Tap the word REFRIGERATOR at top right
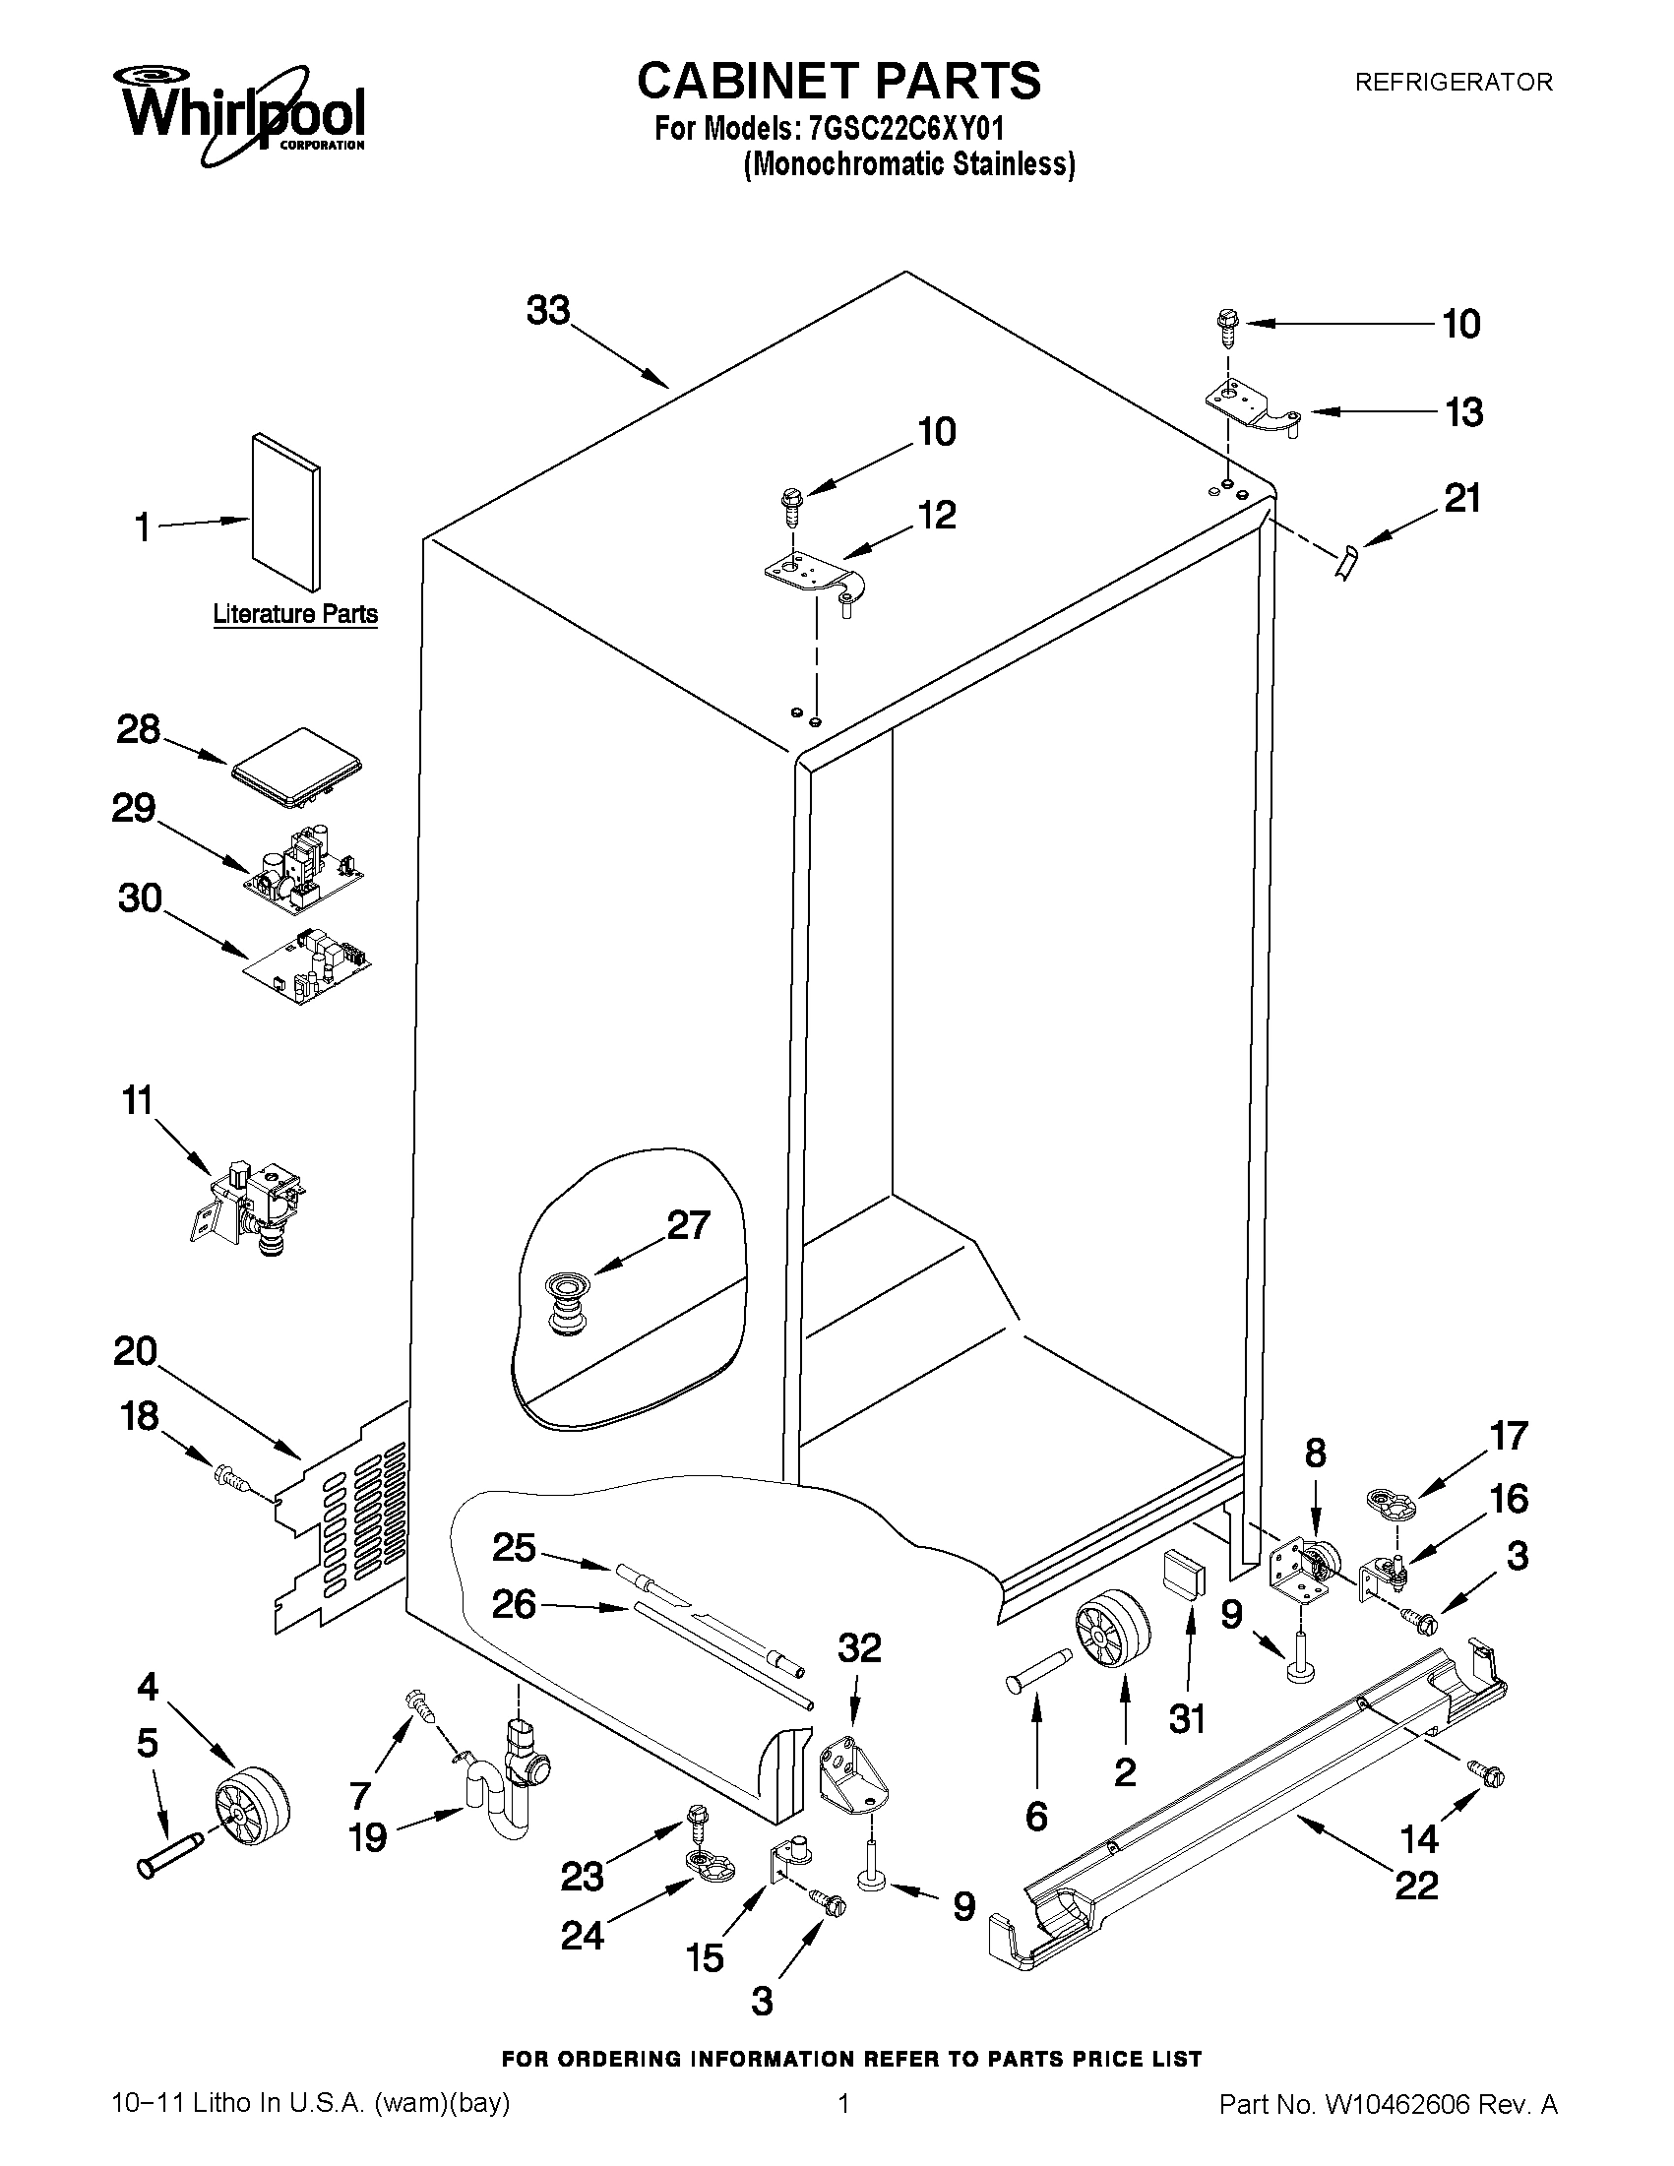[1453, 83]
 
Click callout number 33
[548, 311]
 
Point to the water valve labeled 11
[251, 1203]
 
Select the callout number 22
[1416, 1885]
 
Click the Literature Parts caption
[295, 614]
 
